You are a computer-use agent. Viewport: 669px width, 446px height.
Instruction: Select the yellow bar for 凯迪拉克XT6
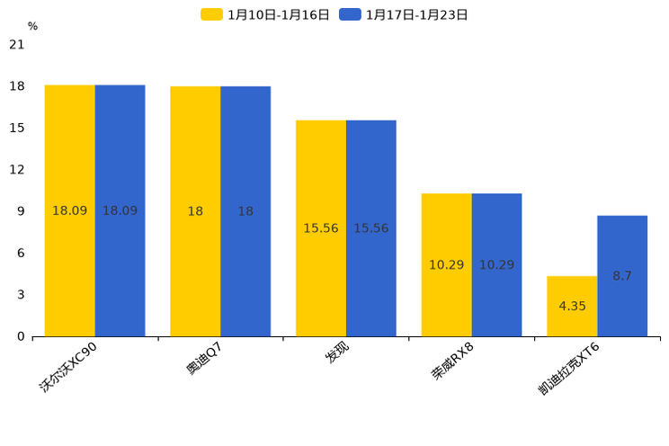point(572,324)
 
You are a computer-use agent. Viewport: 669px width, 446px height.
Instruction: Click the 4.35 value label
point(572,307)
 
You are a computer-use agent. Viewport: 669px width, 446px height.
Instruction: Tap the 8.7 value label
point(622,276)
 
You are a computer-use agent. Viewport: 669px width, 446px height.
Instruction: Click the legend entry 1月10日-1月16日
point(266,14)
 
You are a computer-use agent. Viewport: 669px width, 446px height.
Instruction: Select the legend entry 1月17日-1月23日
point(405,14)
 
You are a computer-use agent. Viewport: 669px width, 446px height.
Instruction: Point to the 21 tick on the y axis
point(16,45)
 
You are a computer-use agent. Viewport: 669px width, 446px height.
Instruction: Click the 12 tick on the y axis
point(16,170)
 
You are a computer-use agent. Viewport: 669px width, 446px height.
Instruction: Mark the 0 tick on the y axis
point(20,336)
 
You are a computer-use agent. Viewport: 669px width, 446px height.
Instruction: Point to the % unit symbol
point(32,27)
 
